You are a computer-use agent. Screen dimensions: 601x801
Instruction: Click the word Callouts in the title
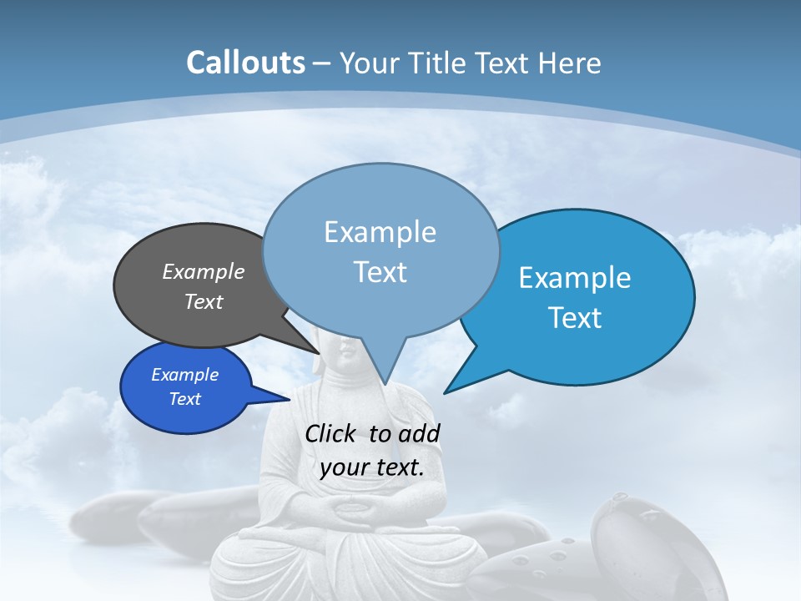(245, 63)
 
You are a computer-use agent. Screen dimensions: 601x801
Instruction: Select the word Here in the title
(570, 63)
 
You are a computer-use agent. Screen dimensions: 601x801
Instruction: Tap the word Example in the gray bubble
(204, 271)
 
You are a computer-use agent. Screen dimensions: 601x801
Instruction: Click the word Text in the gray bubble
(204, 301)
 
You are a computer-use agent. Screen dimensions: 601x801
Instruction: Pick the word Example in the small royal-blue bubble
(184, 375)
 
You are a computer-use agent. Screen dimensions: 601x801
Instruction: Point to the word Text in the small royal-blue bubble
(184, 399)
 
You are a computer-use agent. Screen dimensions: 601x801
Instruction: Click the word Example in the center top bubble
(380, 231)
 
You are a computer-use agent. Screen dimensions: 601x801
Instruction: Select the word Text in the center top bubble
(380, 272)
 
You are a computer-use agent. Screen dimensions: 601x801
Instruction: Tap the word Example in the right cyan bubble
(575, 277)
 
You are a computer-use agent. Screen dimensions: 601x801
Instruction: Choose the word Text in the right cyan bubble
(575, 317)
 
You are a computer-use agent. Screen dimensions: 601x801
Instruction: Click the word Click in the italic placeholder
(332, 433)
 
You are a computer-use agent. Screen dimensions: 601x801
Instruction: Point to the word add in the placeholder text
(419, 433)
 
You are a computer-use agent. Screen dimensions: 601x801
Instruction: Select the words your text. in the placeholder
(372, 467)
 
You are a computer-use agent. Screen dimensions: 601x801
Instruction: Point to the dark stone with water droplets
(634, 534)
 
